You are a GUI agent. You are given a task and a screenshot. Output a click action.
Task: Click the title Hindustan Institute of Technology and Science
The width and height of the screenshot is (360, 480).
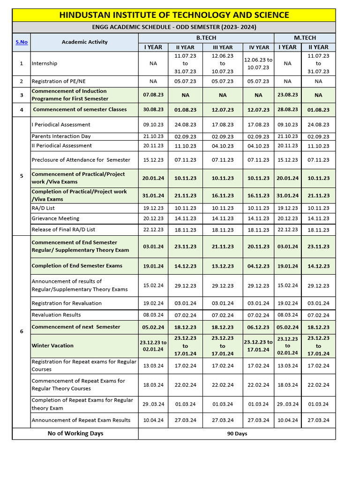click(x=174, y=15)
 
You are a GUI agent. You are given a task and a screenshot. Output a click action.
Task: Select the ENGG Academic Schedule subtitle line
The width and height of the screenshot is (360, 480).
click(x=174, y=27)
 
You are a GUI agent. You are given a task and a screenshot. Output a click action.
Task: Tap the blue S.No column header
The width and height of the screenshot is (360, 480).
click(x=22, y=42)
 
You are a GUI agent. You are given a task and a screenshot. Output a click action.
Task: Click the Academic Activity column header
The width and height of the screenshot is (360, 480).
click(x=84, y=42)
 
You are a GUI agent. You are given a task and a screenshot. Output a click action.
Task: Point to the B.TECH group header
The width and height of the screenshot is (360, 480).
click(x=206, y=37)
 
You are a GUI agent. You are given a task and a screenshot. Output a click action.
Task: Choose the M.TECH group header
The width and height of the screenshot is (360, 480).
click(x=305, y=37)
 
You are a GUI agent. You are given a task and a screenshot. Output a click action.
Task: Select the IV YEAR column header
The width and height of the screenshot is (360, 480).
click(x=259, y=47)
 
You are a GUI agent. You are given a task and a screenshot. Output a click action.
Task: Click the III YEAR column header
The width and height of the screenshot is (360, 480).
click(x=222, y=47)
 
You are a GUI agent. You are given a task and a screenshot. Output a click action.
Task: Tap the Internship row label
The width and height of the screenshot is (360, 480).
click(x=45, y=63)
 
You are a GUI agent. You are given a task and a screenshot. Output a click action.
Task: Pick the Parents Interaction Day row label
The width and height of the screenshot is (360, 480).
click(x=61, y=136)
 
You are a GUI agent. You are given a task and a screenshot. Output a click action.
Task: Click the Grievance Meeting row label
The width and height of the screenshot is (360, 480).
click(x=55, y=218)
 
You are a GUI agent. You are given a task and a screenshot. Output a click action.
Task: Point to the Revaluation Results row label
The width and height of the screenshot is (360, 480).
click(x=56, y=315)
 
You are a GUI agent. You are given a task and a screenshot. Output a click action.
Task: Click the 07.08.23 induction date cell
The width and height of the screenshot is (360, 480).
click(x=153, y=95)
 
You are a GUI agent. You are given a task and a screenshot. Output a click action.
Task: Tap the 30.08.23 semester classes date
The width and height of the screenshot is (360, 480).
click(x=153, y=110)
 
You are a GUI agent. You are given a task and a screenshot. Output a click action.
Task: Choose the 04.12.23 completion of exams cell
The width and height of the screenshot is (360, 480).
click(x=259, y=266)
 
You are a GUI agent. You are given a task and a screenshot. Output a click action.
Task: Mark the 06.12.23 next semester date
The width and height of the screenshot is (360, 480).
click(x=259, y=327)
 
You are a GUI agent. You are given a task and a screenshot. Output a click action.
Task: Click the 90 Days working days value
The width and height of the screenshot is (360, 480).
click(x=237, y=434)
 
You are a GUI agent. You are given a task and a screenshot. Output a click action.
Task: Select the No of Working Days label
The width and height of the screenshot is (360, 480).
click(x=75, y=434)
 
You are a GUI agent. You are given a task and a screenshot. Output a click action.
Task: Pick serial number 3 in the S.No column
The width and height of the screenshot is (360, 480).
click(x=22, y=95)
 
